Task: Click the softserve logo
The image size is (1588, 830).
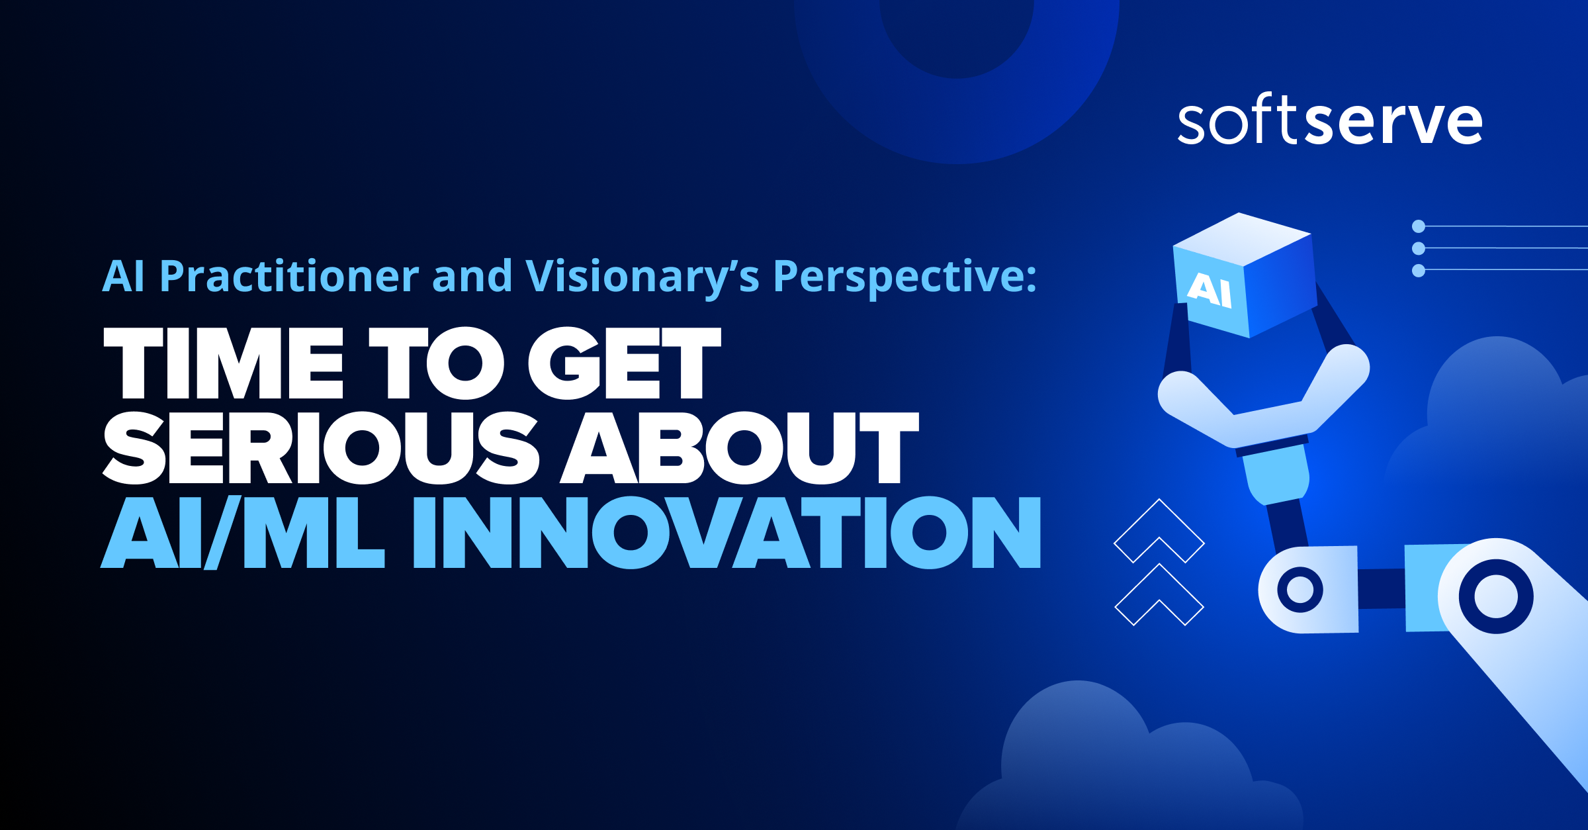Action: point(1329,120)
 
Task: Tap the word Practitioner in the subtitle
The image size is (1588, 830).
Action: point(289,277)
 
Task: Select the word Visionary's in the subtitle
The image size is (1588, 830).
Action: point(642,277)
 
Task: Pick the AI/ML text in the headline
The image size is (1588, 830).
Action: point(242,533)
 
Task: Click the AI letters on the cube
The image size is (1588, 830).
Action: point(1210,290)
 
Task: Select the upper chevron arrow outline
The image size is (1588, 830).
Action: point(1159,530)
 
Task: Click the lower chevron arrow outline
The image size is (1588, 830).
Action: point(1159,593)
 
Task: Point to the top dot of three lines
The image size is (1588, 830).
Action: point(1419,226)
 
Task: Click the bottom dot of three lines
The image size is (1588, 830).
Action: point(1419,271)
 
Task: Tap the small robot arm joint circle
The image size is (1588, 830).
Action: point(1300,590)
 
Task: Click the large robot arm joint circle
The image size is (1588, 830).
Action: point(1496,596)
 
